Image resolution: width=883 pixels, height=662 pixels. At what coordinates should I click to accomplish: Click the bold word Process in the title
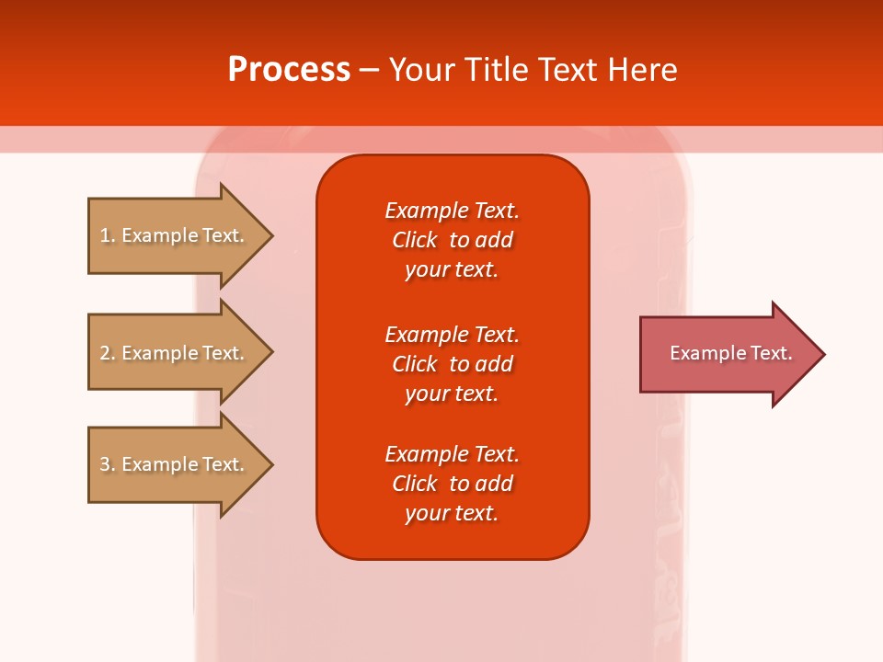(x=289, y=70)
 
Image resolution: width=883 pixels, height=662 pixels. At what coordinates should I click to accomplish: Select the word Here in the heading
(x=642, y=70)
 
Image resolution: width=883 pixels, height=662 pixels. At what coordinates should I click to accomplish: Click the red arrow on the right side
(x=727, y=354)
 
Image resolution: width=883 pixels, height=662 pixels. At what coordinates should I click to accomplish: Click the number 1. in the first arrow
(x=107, y=235)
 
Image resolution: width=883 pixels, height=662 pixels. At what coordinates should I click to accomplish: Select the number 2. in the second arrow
(x=107, y=353)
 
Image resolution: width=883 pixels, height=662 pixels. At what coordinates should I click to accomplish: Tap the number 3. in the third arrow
(x=107, y=464)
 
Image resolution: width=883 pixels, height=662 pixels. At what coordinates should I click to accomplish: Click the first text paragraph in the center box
(x=452, y=240)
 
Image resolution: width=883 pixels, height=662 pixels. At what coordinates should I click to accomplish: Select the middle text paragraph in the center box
(x=452, y=364)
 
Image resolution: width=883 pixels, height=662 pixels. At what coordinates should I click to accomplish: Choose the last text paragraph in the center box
(x=452, y=484)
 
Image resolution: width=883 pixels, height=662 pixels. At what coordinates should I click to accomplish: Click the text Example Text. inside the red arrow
(x=730, y=353)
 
